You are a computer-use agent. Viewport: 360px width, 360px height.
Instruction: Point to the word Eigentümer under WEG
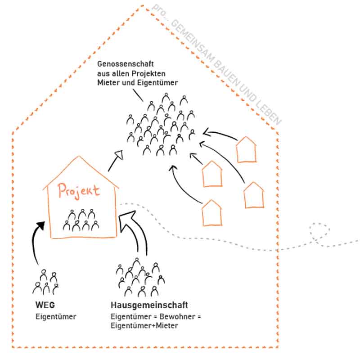56,316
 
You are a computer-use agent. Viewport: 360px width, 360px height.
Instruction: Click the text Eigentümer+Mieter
144,325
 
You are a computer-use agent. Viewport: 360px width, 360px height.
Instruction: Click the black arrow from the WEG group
35,245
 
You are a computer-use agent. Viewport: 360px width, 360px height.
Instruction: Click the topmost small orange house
247,148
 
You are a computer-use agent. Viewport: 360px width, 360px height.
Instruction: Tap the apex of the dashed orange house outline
143,6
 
